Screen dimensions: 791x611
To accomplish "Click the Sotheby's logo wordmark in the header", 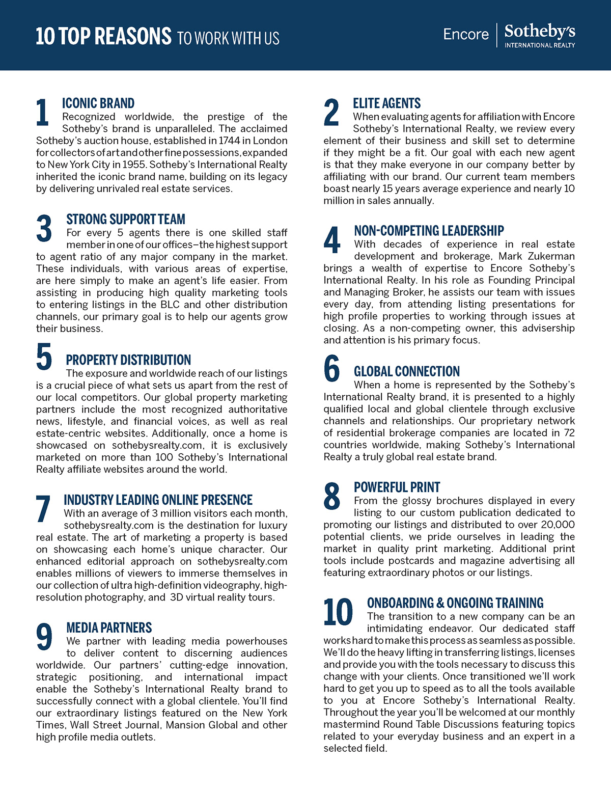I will (540, 32).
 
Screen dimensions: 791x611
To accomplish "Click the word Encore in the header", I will (466, 34).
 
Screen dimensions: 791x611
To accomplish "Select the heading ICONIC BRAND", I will (98, 103).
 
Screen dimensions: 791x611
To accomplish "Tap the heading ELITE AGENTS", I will (387, 103).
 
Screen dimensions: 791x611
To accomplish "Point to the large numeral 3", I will (44, 229).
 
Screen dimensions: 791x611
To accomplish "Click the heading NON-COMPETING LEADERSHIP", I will (429, 231).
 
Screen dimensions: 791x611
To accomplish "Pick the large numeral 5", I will (44, 356).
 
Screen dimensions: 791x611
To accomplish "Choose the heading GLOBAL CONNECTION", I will (407, 371).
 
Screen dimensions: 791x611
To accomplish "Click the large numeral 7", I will (43, 509).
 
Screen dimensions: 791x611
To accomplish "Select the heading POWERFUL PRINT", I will (397, 487).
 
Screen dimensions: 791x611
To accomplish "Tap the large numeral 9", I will (44, 637).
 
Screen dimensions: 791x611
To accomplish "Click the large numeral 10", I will (338, 612).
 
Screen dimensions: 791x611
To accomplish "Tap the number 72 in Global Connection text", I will (569, 433).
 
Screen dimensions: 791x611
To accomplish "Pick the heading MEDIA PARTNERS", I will (109, 628).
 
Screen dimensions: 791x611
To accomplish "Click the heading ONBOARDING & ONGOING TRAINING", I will (455, 603).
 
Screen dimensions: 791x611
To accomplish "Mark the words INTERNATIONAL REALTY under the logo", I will (540, 45).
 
